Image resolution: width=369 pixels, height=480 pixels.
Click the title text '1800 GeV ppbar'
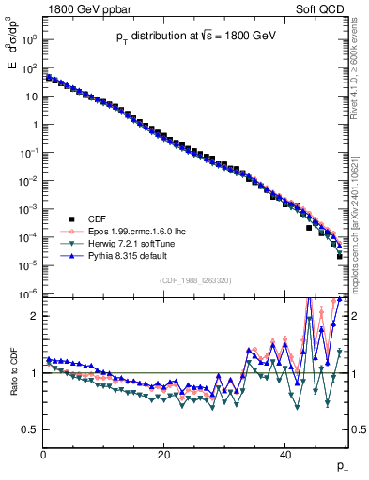pos(84,8)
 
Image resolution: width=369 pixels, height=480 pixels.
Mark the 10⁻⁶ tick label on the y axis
pos(28,294)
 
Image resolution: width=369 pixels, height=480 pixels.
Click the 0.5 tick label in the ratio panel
pos(28,429)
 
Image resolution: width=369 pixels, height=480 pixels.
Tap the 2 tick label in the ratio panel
pos(33,316)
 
